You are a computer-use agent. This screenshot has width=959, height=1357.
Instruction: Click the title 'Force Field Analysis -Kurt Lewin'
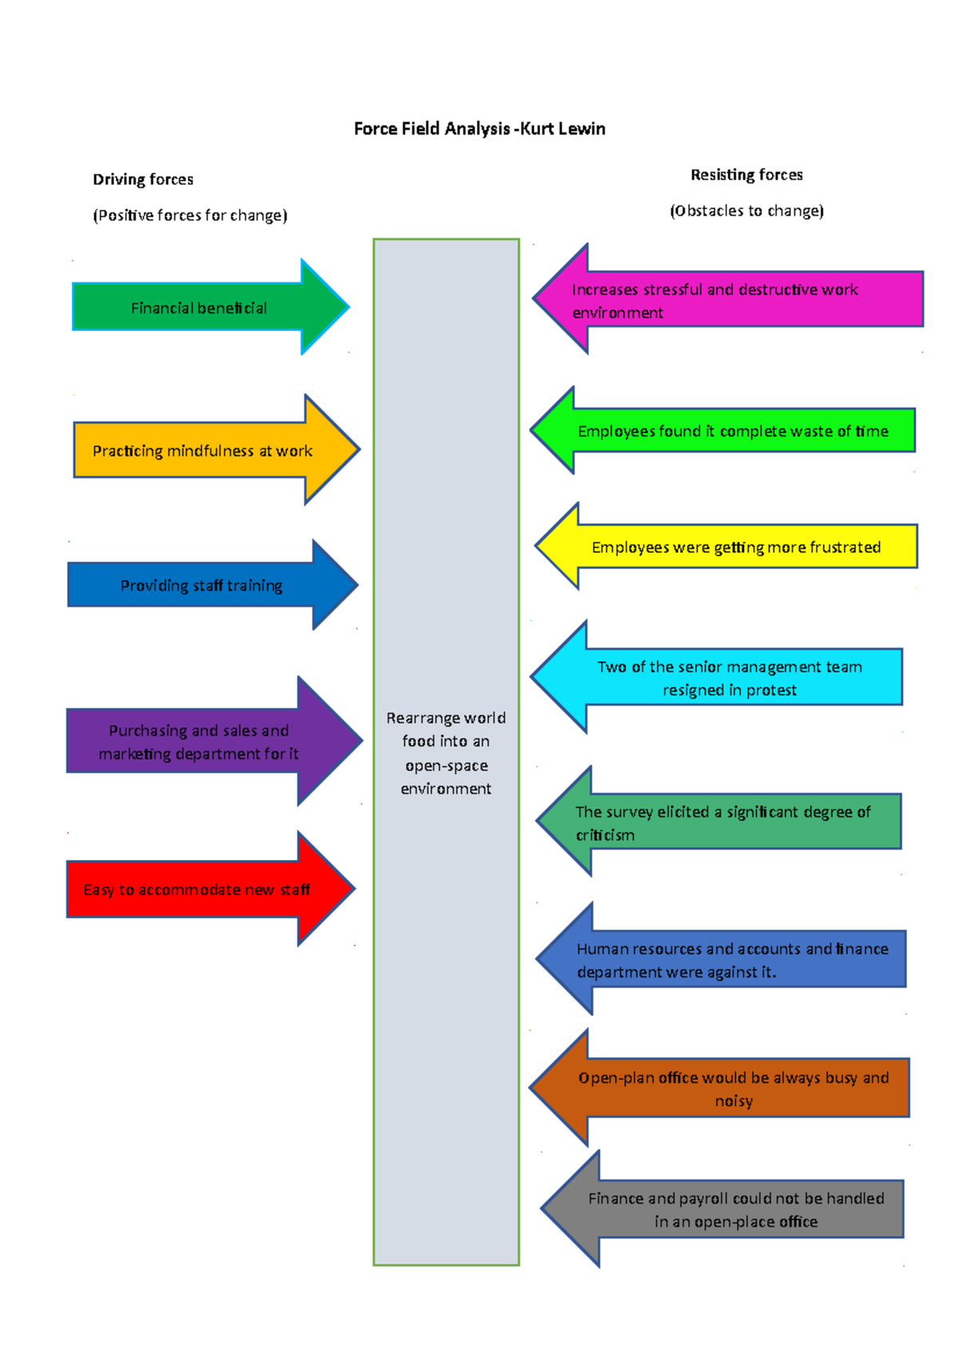click(x=479, y=129)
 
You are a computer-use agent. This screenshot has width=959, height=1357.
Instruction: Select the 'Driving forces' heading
click(x=143, y=179)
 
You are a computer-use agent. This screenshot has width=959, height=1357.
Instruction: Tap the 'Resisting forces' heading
click(x=746, y=174)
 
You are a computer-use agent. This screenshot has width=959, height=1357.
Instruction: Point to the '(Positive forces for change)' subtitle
click(x=190, y=215)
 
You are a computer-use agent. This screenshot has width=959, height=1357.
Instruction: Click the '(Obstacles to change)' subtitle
click(x=746, y=210)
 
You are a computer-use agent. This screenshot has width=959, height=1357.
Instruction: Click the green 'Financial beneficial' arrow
click(x=200, y=308)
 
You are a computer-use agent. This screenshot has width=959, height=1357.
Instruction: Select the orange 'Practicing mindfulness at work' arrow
click(x=203, y=451)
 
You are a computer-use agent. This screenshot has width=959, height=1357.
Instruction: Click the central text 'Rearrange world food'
click(x=446, y=753)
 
